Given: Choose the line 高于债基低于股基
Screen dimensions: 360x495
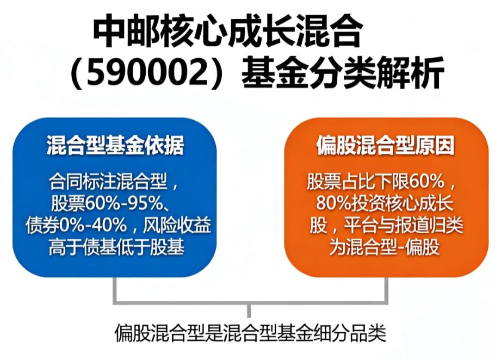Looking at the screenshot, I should point(115,246).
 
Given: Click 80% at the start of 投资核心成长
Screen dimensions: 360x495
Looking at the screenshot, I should point(332,203).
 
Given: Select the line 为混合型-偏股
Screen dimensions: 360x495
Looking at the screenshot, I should point(384,246).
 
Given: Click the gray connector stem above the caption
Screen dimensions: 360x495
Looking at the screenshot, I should point(250,311).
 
